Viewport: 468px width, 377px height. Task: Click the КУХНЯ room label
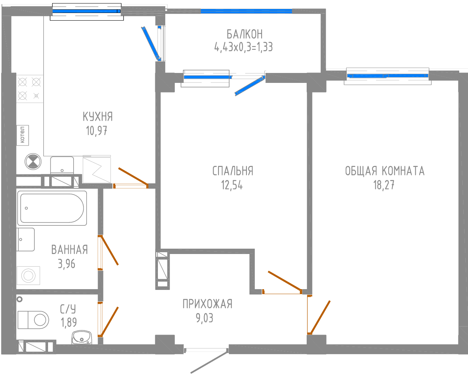point(98,116)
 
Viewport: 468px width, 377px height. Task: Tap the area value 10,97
point(96,131)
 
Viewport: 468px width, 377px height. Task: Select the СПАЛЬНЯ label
point(233,171)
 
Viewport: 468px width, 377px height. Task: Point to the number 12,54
point(232,185)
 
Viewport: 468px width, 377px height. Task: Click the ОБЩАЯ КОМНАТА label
point(384,171)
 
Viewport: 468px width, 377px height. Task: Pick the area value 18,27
point(384,185)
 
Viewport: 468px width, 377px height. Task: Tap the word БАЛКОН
point(244,34)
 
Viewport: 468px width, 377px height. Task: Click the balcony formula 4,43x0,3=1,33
point(244,47)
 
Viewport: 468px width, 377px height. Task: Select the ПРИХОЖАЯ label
point(207,304)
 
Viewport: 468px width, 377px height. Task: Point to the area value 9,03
point(204,318)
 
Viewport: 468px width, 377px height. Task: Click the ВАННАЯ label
point(69,250)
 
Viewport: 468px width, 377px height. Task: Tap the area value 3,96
point(66,264)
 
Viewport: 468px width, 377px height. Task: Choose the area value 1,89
point(69,322)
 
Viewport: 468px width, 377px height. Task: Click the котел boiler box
point(23,135)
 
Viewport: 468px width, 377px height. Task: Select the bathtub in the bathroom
point(52,208)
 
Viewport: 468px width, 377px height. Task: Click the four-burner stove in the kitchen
point(29,88)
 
